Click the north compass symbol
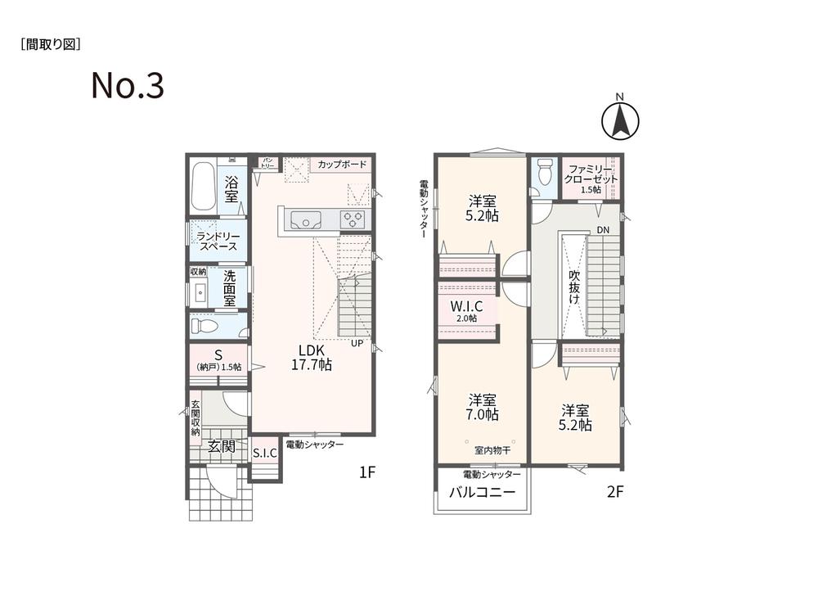620,120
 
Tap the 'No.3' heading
128,86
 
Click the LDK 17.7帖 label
312,358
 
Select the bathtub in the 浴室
202,187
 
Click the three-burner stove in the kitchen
353,219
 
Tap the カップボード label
342,165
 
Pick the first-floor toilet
204,327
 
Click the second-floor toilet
544,172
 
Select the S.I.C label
265,454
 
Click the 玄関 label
221,447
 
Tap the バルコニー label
483,492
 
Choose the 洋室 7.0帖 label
483,407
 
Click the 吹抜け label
574,287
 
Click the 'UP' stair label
357,343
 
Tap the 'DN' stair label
603,230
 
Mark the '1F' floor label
367,472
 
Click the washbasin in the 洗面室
200,293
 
